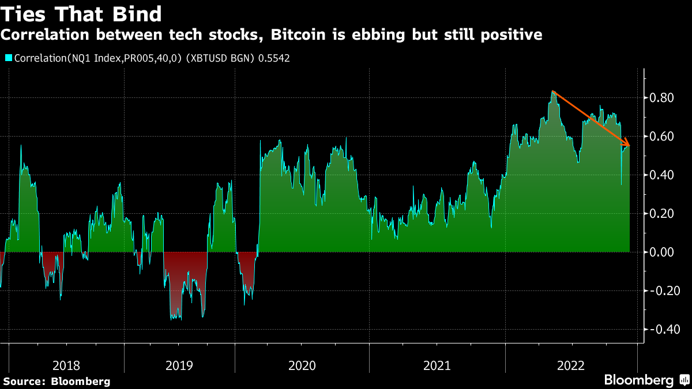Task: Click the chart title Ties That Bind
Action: [x=81, y=13]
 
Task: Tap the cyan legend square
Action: [x=9, y=58]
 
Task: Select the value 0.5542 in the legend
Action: [x=274, y=58]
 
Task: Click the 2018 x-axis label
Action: [x=66, y=365]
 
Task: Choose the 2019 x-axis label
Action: [x=179, y=365]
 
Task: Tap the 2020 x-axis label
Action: [x=302, y=365]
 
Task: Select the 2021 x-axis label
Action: [x=437, y=365]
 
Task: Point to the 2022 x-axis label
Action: [x=571, y=365]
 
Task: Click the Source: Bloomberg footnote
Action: [x=57, y=381]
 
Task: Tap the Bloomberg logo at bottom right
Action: [x=646, y=380]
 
